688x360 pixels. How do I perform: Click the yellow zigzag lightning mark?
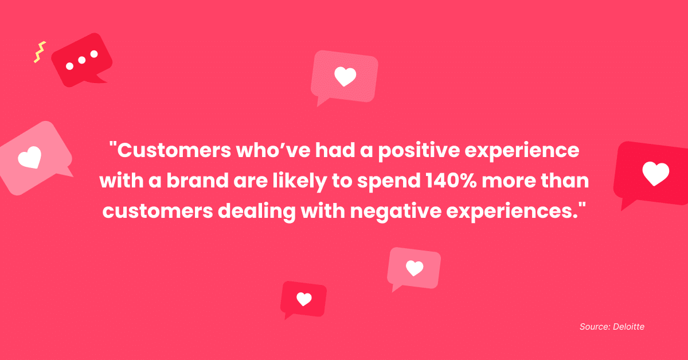point(39,52)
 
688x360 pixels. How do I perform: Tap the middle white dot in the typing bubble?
point(82,60)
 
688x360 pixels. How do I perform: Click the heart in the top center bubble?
point(345,76)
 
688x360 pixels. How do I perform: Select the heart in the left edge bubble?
point(29,157)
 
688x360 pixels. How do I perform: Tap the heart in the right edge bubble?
point(655,173)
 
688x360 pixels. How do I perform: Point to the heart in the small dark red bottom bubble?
point(304,299)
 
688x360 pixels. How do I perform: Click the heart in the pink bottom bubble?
point(414,268)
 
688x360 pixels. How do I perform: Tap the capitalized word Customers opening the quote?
point(171,152)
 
